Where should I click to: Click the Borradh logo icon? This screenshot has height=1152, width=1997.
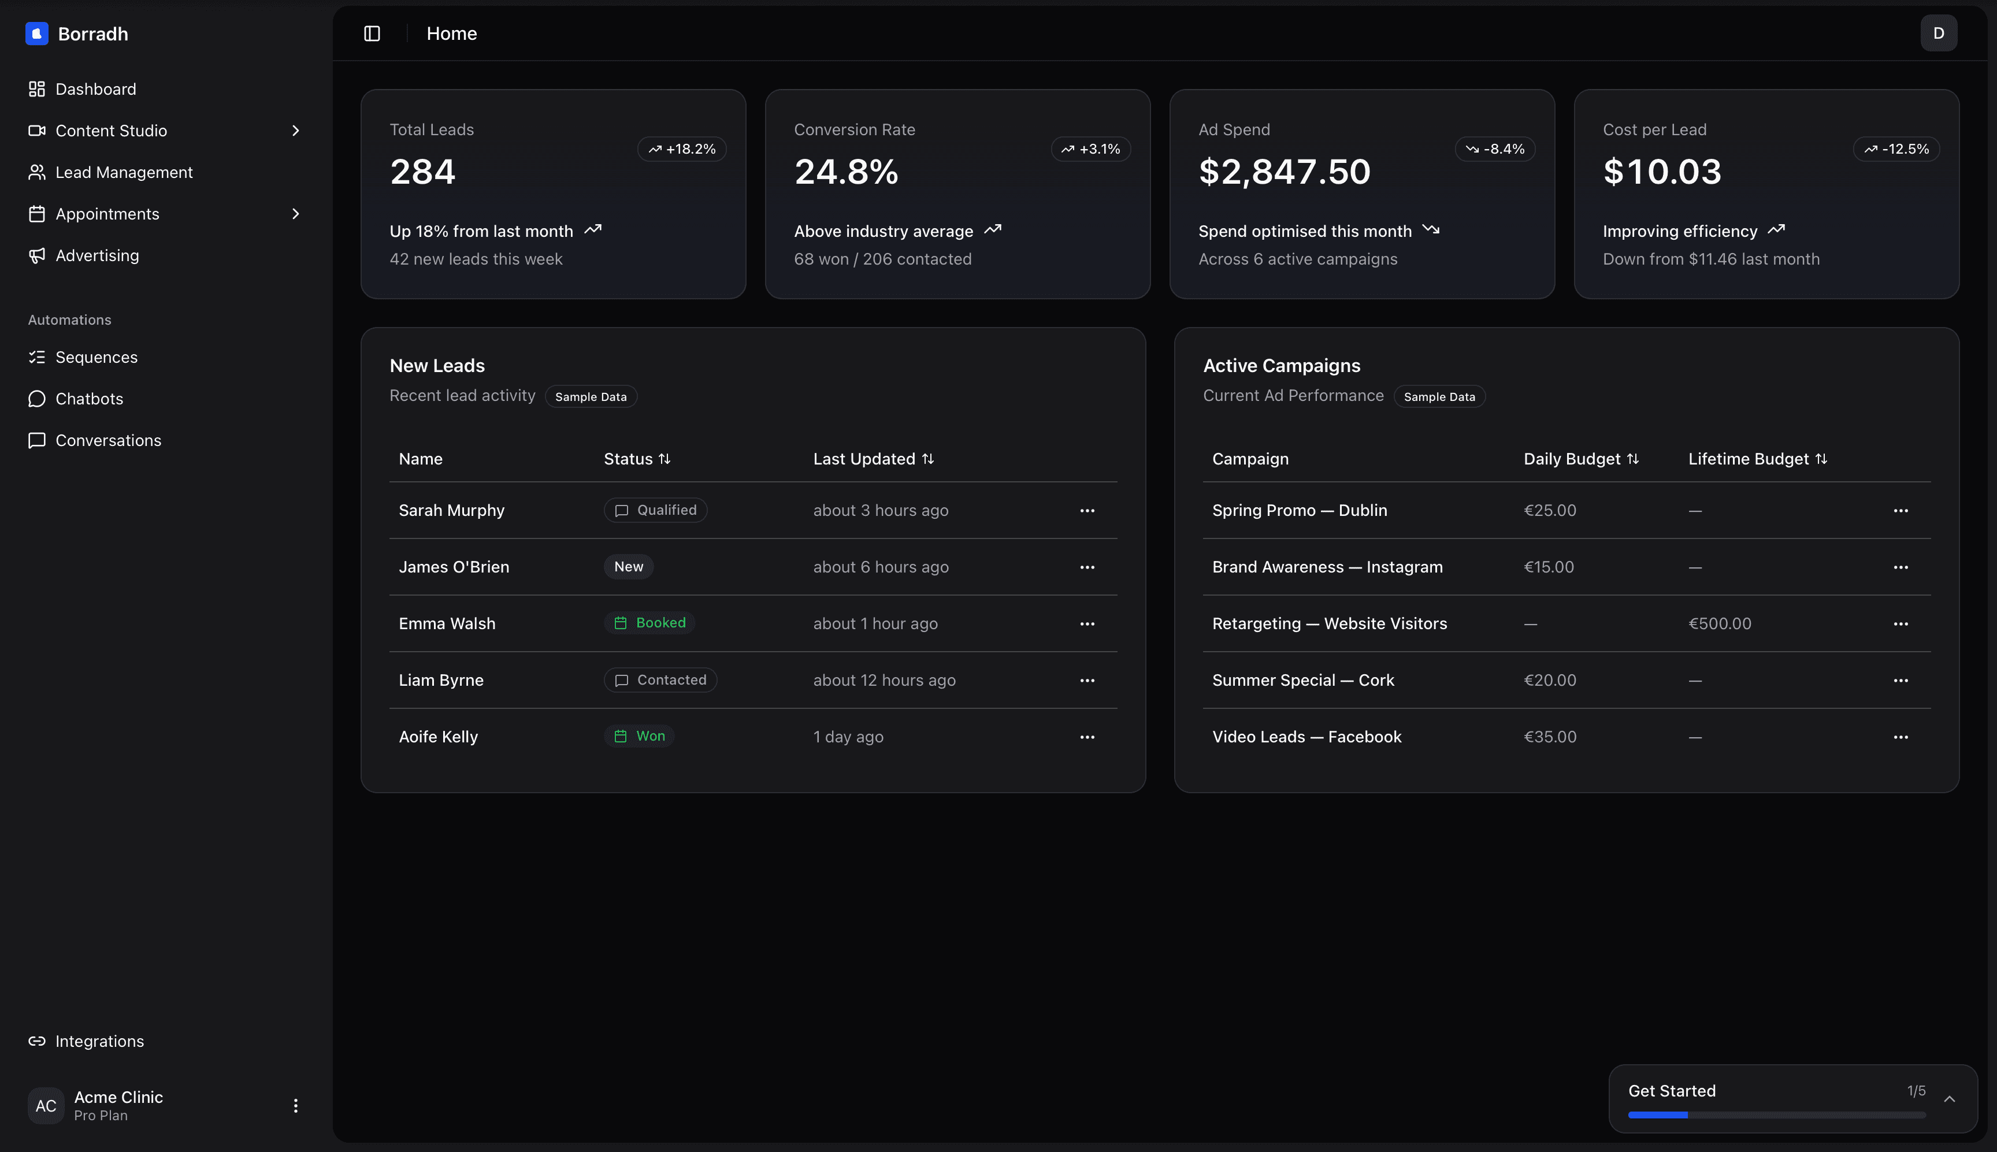[x=36, y=34]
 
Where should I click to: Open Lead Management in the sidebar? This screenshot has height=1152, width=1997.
[x=124, y=173]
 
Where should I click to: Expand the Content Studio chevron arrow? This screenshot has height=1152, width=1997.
[x=295, y=131]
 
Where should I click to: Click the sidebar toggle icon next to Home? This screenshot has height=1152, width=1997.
[x=372, y=34]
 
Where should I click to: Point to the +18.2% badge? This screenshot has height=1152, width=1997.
[x=681, y=148]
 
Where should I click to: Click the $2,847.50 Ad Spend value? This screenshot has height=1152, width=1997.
[x=1284, y=172]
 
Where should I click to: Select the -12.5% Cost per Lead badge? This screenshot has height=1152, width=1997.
[x=1896, y=148]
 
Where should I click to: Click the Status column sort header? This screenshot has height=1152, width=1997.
[x=637, y=459]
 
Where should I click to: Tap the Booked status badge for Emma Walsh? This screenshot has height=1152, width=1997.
[x=649, y=623]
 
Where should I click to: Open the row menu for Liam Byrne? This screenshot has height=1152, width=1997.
[x=1087, y=681]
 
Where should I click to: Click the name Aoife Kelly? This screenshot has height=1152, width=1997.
[x=439, y=737]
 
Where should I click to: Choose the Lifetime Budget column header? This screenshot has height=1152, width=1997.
[x=1757, y=459]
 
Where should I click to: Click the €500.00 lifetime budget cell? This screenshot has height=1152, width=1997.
[x=1719, y=623]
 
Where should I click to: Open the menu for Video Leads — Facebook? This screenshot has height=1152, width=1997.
[x=1901, y=737]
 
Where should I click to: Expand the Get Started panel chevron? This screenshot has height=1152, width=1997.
[x=1950, y=1099]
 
